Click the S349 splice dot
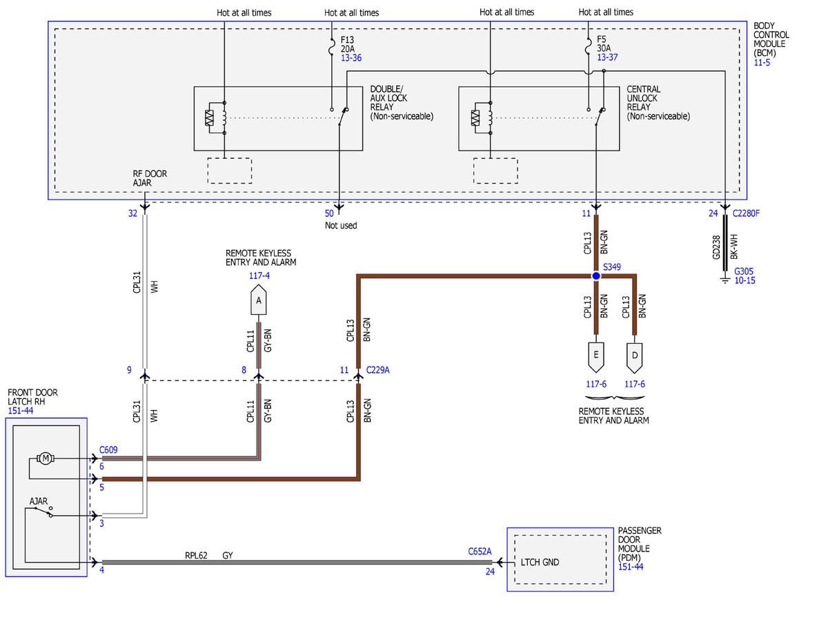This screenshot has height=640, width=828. click(x=596, y=275)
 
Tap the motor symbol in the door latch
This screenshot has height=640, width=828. click(x=46, y=458)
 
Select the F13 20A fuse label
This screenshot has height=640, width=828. click(x=348, y=44)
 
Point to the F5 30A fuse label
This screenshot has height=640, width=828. click(x=604, y=43)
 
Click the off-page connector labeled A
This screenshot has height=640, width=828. click(x=258, y=300)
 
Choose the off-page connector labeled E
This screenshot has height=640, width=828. click(x=596, y=357)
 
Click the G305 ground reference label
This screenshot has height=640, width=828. click(x=743, y=271)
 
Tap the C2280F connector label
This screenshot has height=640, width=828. click(x=746, y=213)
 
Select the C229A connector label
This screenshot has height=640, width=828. click(x=377, y=370)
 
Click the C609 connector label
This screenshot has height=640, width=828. click(x=108, y=449)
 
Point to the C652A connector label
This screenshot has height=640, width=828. click(x=480, y=551)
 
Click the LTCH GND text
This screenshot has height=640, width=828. click(x=540, y=562)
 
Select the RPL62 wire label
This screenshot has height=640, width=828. click(x=196, y=555)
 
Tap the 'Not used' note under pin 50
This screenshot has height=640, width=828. click(x=341, y=225)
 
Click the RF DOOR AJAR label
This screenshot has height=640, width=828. click(x=150, y=178)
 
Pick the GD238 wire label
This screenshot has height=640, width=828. click(x=716, y=247)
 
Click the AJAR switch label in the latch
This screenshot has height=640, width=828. click(x=39, y=501)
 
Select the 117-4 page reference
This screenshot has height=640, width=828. click(x=259, y=275)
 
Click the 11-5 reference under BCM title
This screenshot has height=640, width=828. click(x=762, y=62)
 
